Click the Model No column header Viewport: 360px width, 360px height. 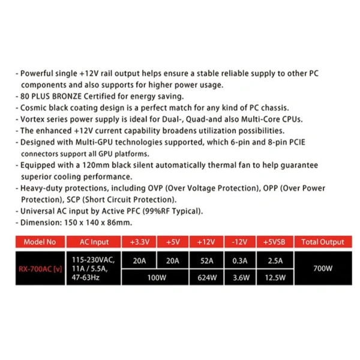point(40,242)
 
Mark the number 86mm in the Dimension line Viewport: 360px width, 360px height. point(119,222)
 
